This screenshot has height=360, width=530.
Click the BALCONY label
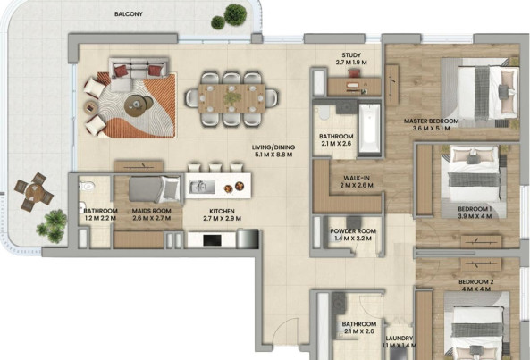pos(129,14)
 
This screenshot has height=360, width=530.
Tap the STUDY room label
pos(351,55)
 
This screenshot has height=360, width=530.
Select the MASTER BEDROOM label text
pos(432,121)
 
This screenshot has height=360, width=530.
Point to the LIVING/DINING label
pos(273,147)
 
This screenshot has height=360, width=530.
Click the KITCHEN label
pos(222,212)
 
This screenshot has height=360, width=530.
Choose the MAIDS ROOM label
pos(151,211)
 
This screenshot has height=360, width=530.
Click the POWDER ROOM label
pos(353,231)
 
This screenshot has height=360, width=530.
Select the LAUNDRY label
pos(400,338)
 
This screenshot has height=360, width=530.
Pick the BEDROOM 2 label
pos(474,282)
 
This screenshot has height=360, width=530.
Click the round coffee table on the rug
pos(136,105)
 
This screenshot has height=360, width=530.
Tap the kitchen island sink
pos(201,187)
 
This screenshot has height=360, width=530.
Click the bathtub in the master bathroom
pos(369,129)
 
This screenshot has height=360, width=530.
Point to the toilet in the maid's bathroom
pos(86,186)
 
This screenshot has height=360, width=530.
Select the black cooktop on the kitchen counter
pos(213,240)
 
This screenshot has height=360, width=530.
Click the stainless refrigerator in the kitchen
pos(248,239)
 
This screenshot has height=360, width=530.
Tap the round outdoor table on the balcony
pos(34,192)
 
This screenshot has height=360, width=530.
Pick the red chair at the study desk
pos(354,73)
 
